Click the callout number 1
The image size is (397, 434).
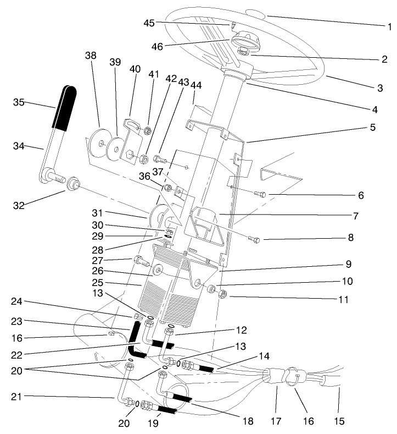point(389,25)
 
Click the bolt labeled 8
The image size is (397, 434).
point(254,239)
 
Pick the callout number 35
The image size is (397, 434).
point(19,102)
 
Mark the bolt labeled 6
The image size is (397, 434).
point(260,193)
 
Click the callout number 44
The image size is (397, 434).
point(196,85)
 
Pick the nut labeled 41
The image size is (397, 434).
point(147,130)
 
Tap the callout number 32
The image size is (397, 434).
point(19,206)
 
